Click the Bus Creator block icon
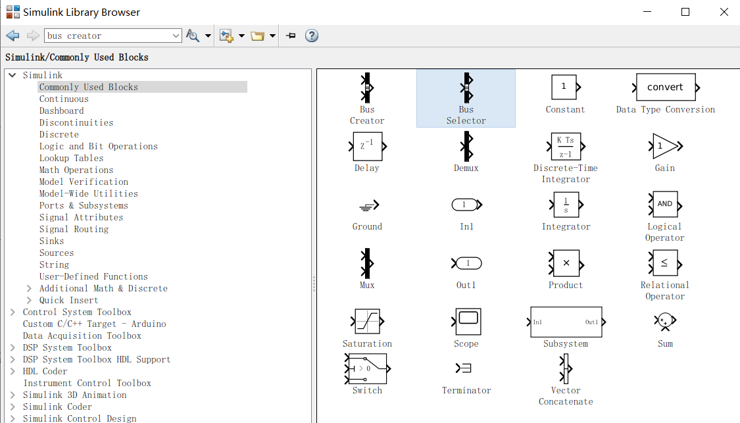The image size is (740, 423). [x=367, y=87]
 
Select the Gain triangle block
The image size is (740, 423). [x=665, y=146]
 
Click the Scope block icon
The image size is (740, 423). [x=466, y=321]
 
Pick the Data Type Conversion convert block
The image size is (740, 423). [x=665, y=87]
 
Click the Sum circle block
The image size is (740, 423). [x=665, y=321]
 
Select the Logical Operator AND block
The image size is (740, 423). [x=665, y=204]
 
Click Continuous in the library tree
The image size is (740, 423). [x=64, y=99]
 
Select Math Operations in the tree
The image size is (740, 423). [x=76, y=170]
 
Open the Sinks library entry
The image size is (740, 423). [x=51, y=241]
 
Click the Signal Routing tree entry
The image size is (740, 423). [x=74, y=229]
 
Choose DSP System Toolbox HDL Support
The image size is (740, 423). [x=97, y=359]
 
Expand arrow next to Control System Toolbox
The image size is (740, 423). [x=12, y=312]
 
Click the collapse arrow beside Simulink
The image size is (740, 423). [x=12, y=75]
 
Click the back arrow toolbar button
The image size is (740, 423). [x=12, y=36]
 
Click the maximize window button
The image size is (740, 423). [x=685, y=12]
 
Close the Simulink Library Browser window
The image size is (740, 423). [x=724, y=12]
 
